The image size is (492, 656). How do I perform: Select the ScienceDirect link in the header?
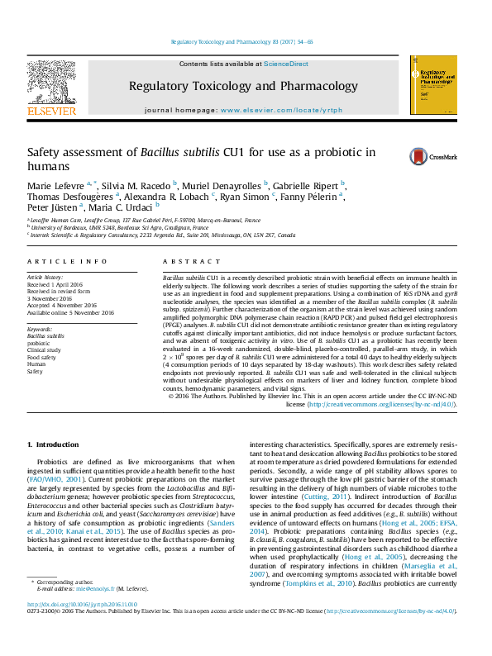point(286,64)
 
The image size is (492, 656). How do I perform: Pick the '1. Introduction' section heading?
point(53,444)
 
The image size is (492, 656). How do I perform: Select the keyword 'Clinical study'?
point(45,349)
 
